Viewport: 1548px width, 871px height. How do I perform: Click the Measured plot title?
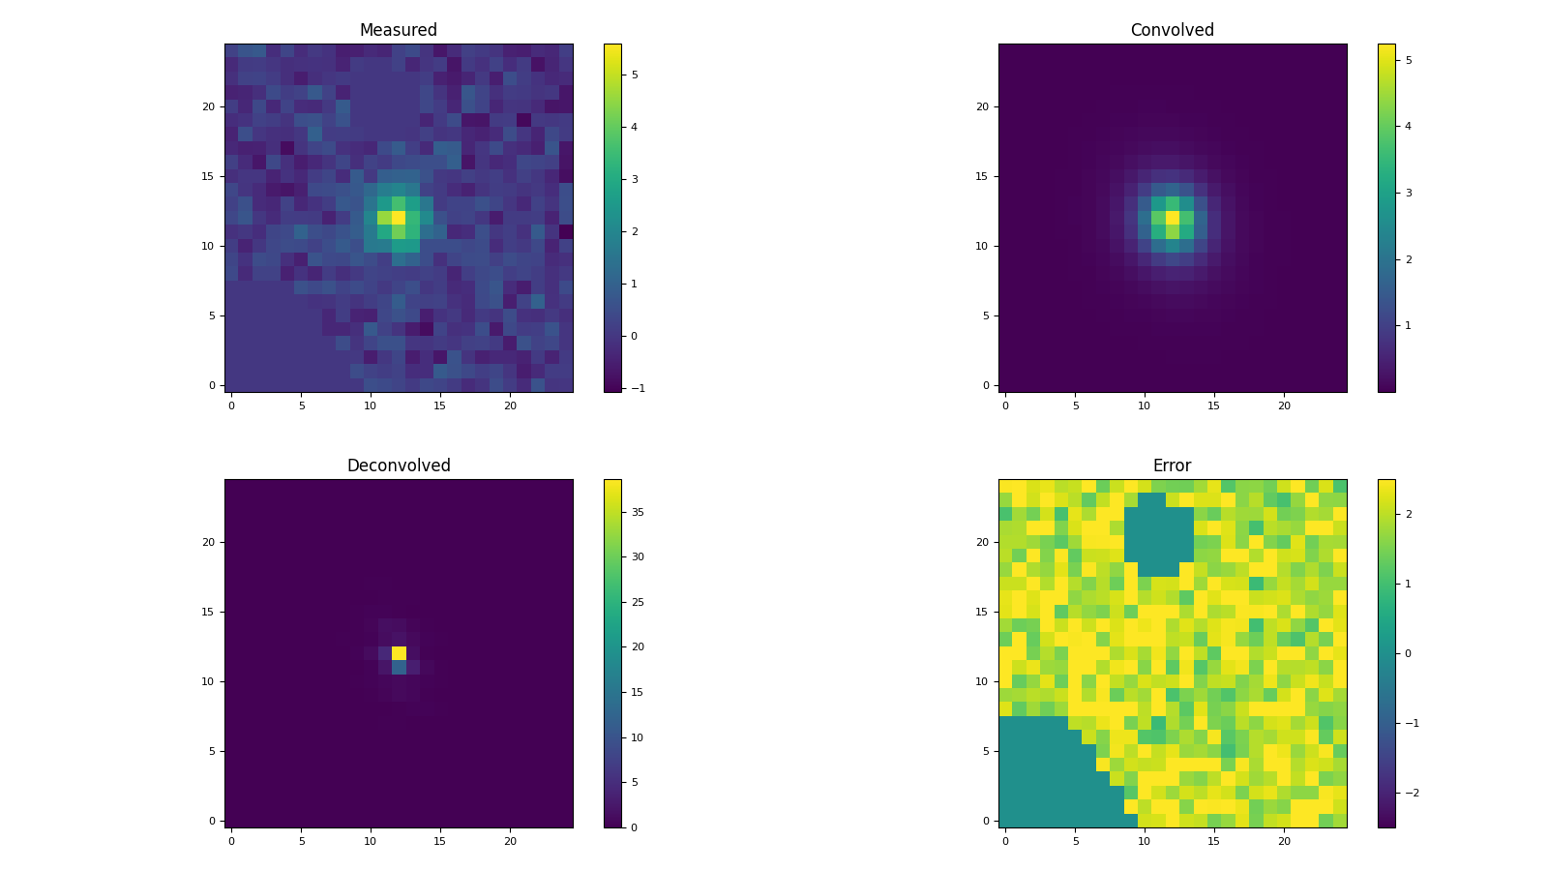click(x=399, y=31)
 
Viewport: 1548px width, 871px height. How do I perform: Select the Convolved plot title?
click(x=1172, y=31)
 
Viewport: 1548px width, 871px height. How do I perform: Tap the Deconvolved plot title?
click(x=399, y=466)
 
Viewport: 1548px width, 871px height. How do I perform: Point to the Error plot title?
click(x=1172, y=466)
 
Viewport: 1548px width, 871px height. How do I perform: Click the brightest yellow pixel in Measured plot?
click(x=399, y=218)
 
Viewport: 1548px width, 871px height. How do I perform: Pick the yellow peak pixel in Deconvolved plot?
click(x=399, y=653)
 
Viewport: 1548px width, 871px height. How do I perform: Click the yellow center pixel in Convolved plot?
click(x=1173, y=218)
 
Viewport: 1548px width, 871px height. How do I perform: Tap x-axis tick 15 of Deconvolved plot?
click(x=440, y=841)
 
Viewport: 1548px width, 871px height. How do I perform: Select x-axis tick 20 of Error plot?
click(x=1284, y=841)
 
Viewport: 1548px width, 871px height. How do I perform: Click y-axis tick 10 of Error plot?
click(x=987, y=681)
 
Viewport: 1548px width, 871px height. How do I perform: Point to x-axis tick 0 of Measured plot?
click(x=231, y=405)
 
